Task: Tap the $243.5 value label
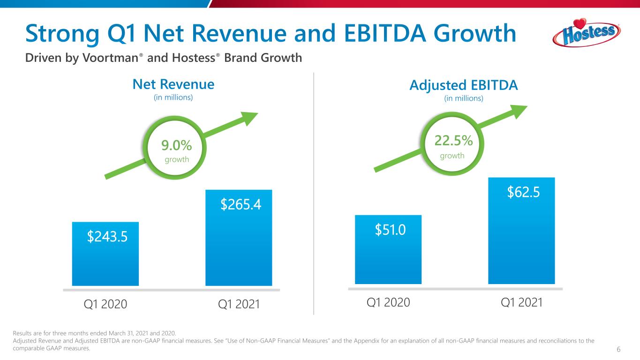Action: coord(107,237)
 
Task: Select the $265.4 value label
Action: coord(241,204)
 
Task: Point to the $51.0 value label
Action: coord(390,230)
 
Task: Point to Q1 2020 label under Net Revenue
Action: coord(105,304)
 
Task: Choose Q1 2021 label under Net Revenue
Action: coord(239,304)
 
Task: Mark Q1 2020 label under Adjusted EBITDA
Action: coord(388,303)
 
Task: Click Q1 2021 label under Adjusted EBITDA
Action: coord(522,303)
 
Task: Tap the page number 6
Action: coord(619,350)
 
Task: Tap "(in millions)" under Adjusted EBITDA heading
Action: coord(463,98)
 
